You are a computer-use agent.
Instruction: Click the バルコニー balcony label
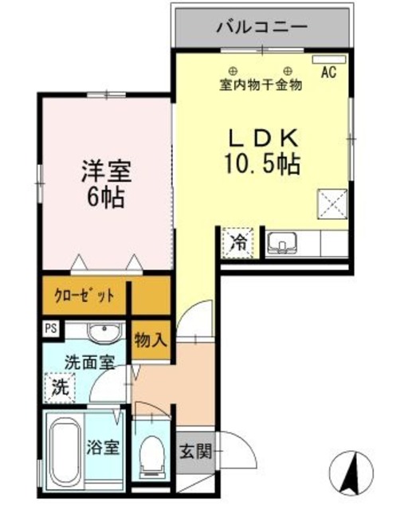(x=261, y=27)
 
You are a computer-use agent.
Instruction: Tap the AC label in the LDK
(x=328, y=73)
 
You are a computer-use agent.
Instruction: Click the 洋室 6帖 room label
(x=105, y=184)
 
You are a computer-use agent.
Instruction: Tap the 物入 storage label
(x=151, y=340)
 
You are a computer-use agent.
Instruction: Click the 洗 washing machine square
(x=60, y=388)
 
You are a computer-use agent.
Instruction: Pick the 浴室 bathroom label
(x=103, y=447)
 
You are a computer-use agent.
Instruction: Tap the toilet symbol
(x=150, y=457)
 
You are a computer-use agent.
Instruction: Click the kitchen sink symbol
(x=281, y=242)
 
